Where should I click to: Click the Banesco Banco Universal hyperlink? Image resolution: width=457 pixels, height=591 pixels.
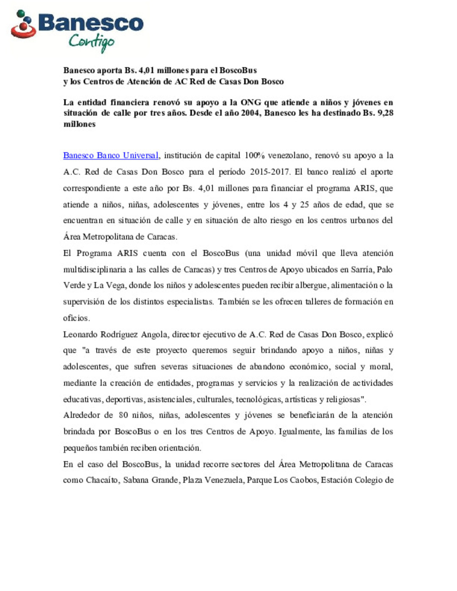(111, 156)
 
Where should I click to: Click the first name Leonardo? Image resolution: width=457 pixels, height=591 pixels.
(80, 334)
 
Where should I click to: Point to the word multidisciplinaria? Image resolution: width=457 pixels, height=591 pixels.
(94, 269)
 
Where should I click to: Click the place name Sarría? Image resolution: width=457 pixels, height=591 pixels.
(362, 269)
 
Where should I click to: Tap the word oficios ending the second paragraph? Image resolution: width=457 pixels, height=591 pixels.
(76, 318)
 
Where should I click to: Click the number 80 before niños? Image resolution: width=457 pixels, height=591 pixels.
(123, 415)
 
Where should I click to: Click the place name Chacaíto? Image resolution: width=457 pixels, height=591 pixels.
(102, 480)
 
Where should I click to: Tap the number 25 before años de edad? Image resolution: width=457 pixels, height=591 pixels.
(304, 205)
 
